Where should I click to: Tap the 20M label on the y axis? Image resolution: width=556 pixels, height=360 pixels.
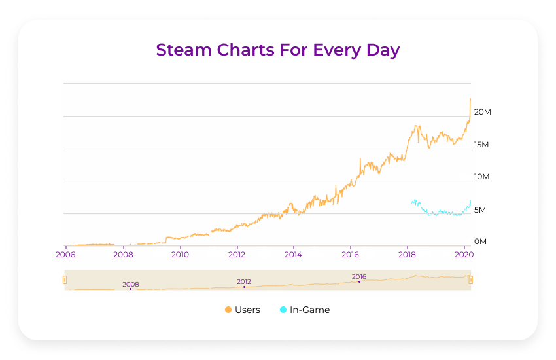(482, 112)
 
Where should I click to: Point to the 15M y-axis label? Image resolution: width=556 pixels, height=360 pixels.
(481, 144)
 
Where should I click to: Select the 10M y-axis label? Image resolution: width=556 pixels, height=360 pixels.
(481, 177)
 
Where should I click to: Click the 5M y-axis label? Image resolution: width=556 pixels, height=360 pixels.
(481, 210)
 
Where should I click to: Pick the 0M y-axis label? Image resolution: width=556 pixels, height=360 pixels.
(481, 242)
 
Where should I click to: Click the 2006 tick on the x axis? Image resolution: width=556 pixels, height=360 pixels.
(65, 254)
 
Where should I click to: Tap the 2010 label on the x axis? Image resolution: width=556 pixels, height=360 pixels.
(180, 254)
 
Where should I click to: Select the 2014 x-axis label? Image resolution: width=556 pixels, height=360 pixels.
(294, 254)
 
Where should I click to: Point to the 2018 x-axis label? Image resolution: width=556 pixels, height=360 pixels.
(408, 254)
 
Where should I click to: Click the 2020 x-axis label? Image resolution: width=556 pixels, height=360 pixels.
(464, 254)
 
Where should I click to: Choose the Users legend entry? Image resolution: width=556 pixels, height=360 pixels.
(247, 310)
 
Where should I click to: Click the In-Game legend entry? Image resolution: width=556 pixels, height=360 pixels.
(309, 310)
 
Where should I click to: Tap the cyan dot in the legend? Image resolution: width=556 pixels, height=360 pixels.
(283, 310)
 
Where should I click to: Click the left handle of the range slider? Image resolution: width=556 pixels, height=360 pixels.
(65, 280)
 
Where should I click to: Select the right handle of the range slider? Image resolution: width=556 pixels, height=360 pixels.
(470, 280)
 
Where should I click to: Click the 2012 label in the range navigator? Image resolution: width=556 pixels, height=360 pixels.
(244, 281)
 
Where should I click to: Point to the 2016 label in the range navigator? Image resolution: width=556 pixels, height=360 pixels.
(359, 276)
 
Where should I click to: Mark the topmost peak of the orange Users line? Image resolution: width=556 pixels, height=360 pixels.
(470, 99)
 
